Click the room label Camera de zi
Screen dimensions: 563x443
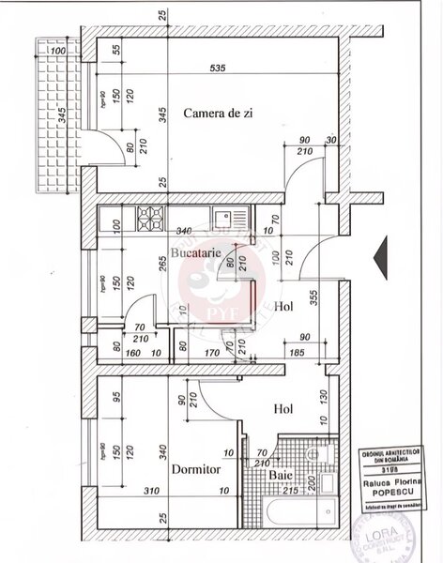click(220, 113)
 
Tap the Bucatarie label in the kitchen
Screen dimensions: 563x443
click(194, 254)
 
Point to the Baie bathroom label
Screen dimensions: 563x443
click(282, 475)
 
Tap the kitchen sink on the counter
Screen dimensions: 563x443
click(222, 220)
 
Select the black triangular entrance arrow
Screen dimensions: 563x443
click(381, 254)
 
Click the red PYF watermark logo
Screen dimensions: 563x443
click(201, 282)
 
